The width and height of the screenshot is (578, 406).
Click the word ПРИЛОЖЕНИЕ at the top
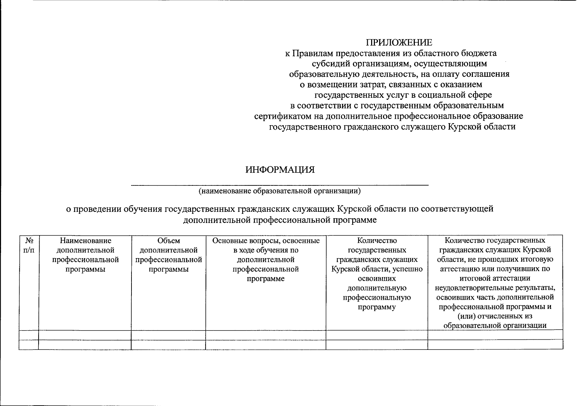tap(399, 43)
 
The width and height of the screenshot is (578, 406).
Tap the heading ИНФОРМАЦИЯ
tap(280, 170)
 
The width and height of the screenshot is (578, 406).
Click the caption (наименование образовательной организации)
tap(280, 191)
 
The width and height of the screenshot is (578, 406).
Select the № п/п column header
tap(29, 245)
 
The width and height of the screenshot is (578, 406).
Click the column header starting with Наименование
tap(85, 255)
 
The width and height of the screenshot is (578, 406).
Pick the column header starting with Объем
tap(168, 255)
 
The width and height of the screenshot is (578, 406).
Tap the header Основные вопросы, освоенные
tap(266, 241)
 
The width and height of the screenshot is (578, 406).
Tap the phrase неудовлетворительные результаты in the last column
tap(495, 288)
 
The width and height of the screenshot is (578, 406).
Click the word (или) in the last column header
tap(466, 316)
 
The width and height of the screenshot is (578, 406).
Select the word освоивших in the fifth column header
tap(377, 279)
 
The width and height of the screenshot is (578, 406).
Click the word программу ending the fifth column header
tap(377, 307)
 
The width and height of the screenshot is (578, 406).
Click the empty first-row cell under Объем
tap(168, 335)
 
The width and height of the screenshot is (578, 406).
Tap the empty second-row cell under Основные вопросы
tap(266, 344)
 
